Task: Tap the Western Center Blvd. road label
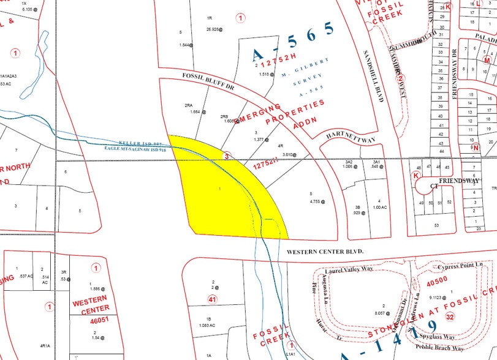click(325, 252)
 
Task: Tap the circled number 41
click(213, 300)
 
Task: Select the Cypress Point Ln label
click(460, 268)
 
